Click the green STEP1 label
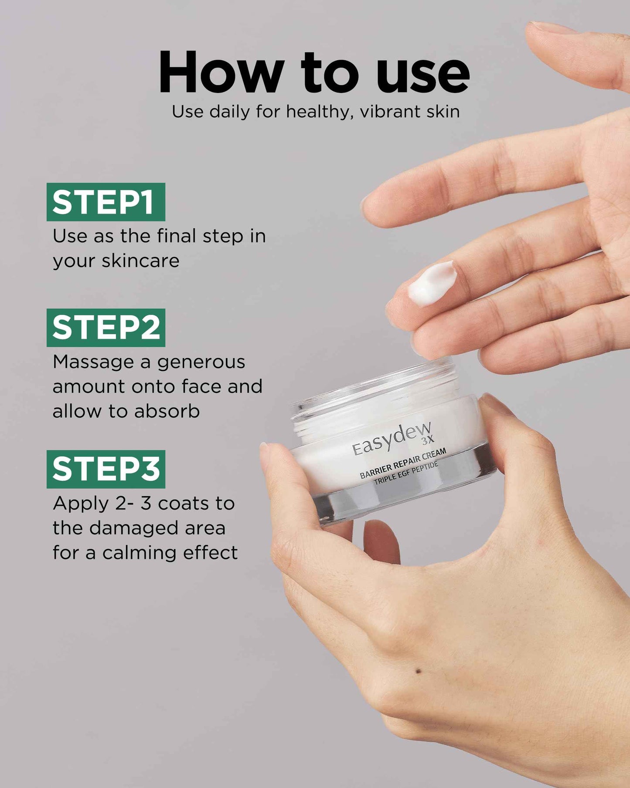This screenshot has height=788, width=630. coord(106,202)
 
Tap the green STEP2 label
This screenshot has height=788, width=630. coord(106,328)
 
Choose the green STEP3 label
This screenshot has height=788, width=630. coord(106,469)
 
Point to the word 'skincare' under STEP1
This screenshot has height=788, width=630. coord(140,260)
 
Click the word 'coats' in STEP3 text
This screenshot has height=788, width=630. coord(184,504)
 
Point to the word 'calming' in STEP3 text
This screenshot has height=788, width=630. coord(140,553)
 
